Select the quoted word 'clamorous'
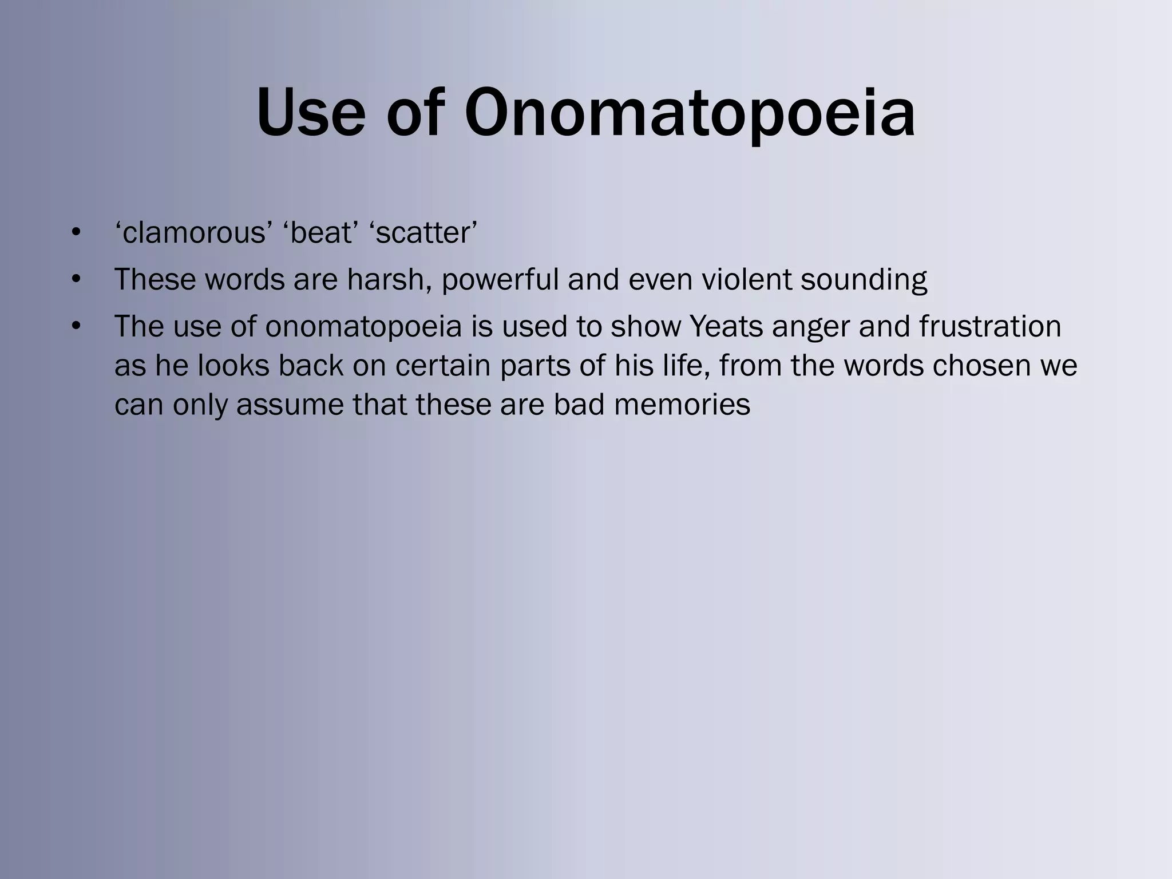pyautogui.click(x=194, y=233)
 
